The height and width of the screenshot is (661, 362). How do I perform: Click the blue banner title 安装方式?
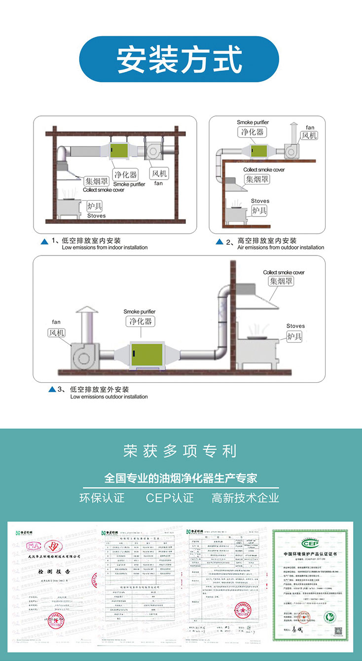tap(180, 60)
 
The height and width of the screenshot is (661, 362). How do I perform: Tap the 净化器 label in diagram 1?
tap(125, 175)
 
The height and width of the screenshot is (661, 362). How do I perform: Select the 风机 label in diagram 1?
tap(159, 174)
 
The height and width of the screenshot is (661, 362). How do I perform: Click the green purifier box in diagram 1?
tap(120, 149)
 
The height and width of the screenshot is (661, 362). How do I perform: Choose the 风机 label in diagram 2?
tap(309, 135)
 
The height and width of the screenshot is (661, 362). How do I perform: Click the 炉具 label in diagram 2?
tap(260, 211)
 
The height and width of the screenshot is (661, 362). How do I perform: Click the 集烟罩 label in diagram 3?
tap(281, 281)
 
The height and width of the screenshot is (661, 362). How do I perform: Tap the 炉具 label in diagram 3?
tap(295, 336)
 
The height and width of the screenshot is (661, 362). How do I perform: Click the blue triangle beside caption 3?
tap(52, 390)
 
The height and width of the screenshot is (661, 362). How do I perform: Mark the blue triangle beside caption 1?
tap(44, 241)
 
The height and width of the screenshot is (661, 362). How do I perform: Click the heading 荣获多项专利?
tap(180, 451)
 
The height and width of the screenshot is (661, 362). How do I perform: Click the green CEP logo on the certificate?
tap(311, 543)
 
